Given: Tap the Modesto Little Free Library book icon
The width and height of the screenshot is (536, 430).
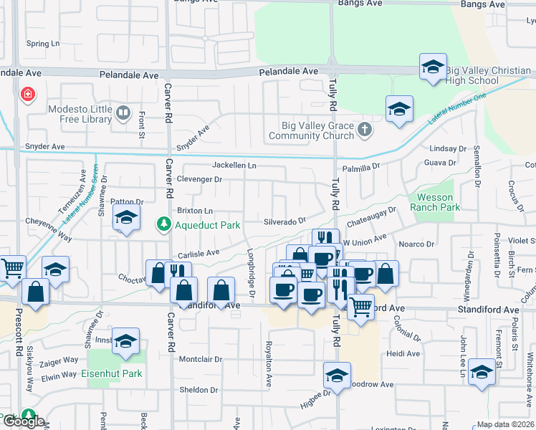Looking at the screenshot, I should [123, 113].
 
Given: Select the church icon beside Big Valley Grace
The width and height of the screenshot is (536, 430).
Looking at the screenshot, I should [365, 130].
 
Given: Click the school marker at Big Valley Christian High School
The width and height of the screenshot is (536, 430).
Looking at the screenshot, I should [433, 67].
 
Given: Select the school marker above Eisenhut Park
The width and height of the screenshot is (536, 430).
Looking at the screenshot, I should [125, 342].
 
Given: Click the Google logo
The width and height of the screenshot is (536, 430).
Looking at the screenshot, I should [23, 421].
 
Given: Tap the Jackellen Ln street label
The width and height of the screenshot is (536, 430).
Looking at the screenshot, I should [234, 166].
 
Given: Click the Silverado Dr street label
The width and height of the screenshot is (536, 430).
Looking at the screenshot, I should [284, 221].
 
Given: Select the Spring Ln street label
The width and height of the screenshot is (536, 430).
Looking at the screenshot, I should [42, 44].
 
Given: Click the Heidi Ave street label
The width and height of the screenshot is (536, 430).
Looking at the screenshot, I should [402, 353].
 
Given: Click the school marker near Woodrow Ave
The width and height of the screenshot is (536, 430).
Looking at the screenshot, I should [337, 375].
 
